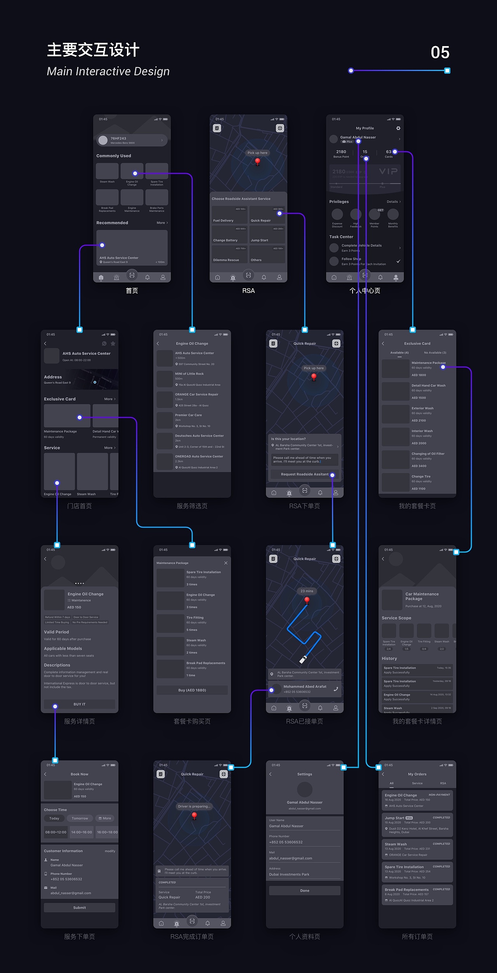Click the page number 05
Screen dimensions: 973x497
coord(440,52)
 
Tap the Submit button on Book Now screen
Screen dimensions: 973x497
coord(79,907)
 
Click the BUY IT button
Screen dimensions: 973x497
coord(79,704)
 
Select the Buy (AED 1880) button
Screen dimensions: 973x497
coord(192,690)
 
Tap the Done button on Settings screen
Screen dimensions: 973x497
coord(304,890)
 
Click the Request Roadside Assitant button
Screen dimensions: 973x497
coord(304,474)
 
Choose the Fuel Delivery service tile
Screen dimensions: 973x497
coord(229,215)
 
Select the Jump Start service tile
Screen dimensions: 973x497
coord(267,235)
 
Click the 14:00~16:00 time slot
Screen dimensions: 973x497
coord(82,832)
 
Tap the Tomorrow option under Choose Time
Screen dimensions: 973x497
coord(80,818)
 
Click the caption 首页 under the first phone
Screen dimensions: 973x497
coord(132,291)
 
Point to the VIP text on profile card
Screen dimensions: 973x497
coord(388,171)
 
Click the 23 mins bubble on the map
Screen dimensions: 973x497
coord(307,591)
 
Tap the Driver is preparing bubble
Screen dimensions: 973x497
coord(194,806)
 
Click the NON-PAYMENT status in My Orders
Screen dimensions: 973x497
coord(439,795)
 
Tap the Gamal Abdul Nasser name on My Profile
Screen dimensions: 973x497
coord(358,137)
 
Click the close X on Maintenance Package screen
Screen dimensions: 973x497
coord(226,563)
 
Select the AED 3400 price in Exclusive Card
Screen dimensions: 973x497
coord(419,466)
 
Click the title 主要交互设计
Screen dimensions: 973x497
coord(93,50)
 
